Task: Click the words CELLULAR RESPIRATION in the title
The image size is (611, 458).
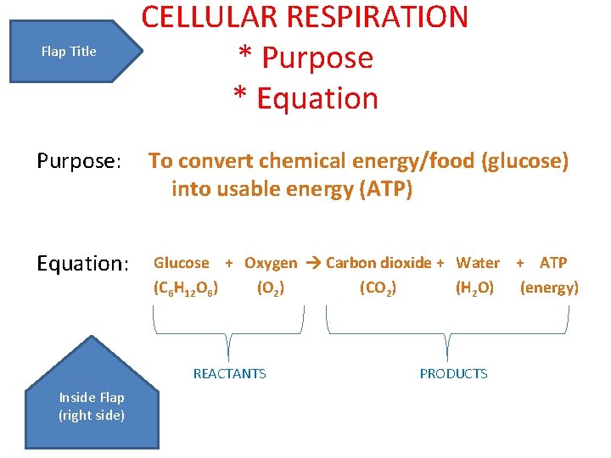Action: coord(305,17)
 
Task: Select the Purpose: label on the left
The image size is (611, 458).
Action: coord(80,160)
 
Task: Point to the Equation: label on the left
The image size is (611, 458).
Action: coord(82,264)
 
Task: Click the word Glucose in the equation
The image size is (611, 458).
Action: coord(181,263)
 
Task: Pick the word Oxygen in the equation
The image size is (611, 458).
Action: coord(271,263)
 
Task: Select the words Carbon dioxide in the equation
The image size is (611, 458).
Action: coord(378,263)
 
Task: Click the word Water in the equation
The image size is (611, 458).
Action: coord(478,263)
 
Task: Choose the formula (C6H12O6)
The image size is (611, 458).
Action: coord(186,288)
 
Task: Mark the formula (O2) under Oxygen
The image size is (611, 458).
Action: coord(270,288)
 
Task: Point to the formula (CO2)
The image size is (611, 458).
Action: coord(378,288)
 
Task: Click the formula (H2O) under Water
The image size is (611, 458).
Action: coord(474,288)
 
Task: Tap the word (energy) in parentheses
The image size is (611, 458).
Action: coord(549,288)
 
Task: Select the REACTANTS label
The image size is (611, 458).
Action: coord(229,373)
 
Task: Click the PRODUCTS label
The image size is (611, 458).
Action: coord(453,373)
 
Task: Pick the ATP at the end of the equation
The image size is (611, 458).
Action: coord(553,263)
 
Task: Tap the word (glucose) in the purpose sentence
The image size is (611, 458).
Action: coord(524,160)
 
